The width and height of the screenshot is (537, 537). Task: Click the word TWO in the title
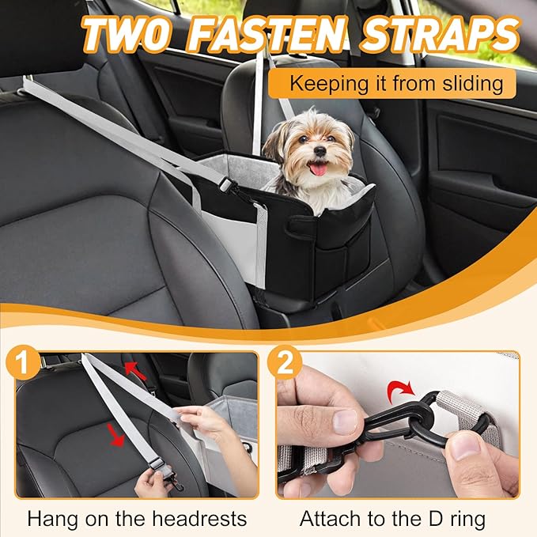(127, 33)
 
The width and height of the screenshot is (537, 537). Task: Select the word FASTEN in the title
(268, 33)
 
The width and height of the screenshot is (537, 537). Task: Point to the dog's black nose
(320, 151)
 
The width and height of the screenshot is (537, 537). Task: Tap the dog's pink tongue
(319, 168)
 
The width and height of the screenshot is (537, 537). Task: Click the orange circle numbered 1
(23, 363)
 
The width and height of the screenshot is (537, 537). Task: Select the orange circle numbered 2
(284, 363)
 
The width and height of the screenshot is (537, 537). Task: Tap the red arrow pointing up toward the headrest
(135, 371)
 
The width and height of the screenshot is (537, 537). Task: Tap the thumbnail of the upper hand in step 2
(345, 421)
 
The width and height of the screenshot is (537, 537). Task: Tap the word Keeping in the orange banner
(329, 84)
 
